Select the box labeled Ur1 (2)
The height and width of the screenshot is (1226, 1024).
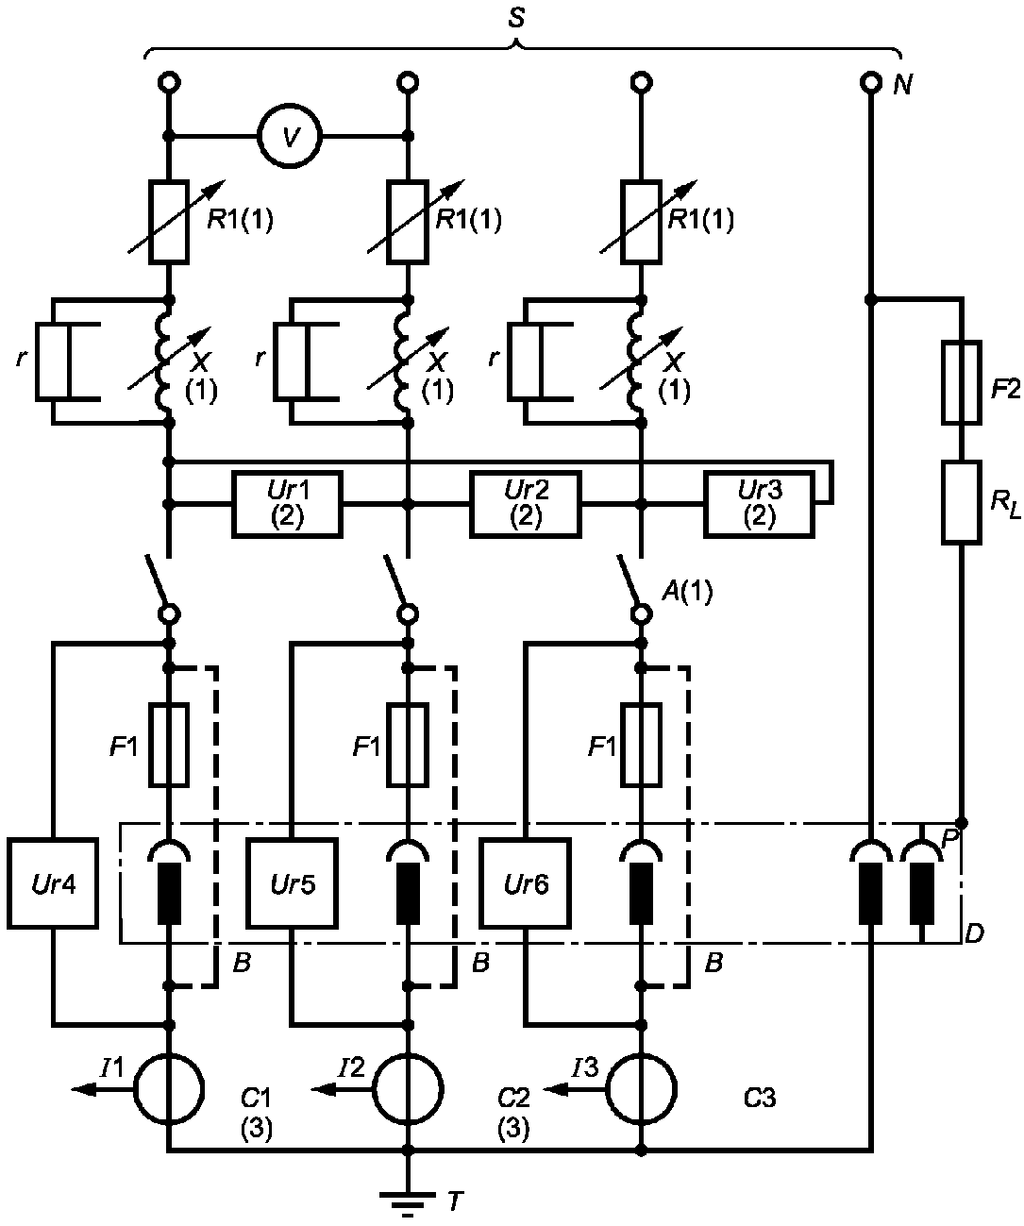tap(287, 504)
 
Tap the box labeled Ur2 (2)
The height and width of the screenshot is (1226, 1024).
tap(526, 504)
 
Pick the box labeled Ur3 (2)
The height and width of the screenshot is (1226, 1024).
tap(759, 504)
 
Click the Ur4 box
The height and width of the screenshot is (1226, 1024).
tap(52, 883)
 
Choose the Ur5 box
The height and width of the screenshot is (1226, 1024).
tap(292, 883)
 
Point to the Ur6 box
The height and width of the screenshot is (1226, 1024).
tap(525, 883)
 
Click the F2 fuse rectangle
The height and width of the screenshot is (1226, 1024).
tap(962, 382)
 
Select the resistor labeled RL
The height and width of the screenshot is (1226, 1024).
tap(962, 503)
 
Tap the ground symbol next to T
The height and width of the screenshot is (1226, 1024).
tap(408, 1200)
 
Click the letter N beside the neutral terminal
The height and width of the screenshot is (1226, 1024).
tap(903, 86)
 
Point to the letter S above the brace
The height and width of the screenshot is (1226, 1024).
tap(516, 18)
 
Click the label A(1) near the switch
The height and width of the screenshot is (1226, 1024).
tap(687, 592)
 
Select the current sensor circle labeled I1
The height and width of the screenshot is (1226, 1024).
tap(169, 1089)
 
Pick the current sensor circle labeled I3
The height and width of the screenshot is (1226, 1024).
tap(641, 1089)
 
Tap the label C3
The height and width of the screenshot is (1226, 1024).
tap(760, 1097)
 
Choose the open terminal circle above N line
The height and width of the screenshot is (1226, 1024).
tap(871, 82)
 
